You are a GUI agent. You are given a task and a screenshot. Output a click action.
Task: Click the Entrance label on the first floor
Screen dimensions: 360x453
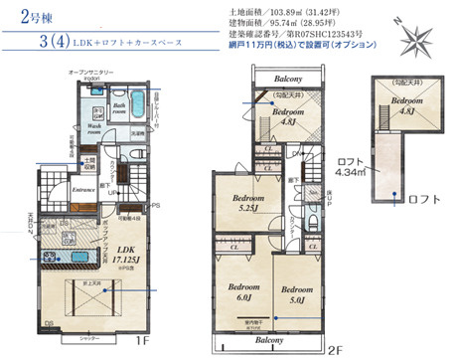[82, 185]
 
